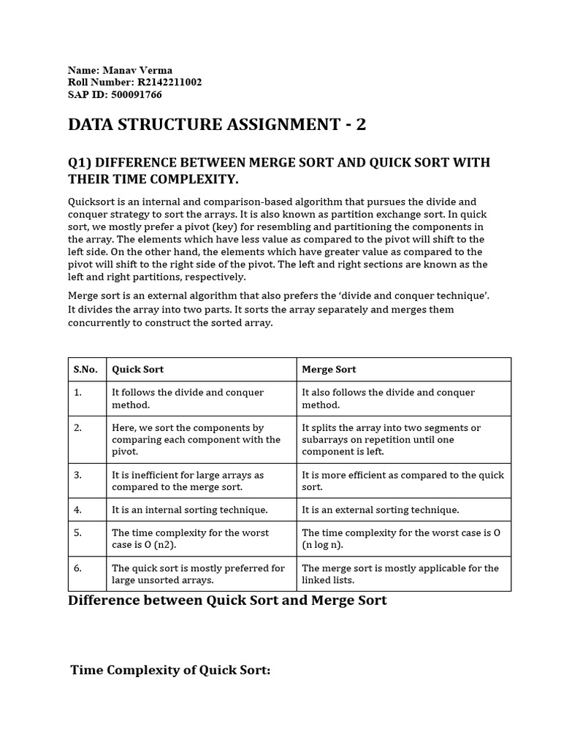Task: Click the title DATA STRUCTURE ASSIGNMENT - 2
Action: (217, 125)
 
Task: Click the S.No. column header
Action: (85, 370)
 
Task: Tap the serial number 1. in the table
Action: (77, 393)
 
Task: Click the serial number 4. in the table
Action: (77, 510)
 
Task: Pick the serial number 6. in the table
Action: (77, 568)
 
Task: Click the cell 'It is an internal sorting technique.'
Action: (190, 510)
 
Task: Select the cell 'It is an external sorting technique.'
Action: (381, 510)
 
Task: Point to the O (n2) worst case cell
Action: (190, 539)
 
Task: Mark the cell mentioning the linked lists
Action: (400, 574)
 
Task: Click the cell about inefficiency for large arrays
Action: (187, 481)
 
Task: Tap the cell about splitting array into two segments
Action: (391, 440)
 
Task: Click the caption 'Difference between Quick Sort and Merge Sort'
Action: (227, 601)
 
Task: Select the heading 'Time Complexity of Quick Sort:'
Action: (170, 671)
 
